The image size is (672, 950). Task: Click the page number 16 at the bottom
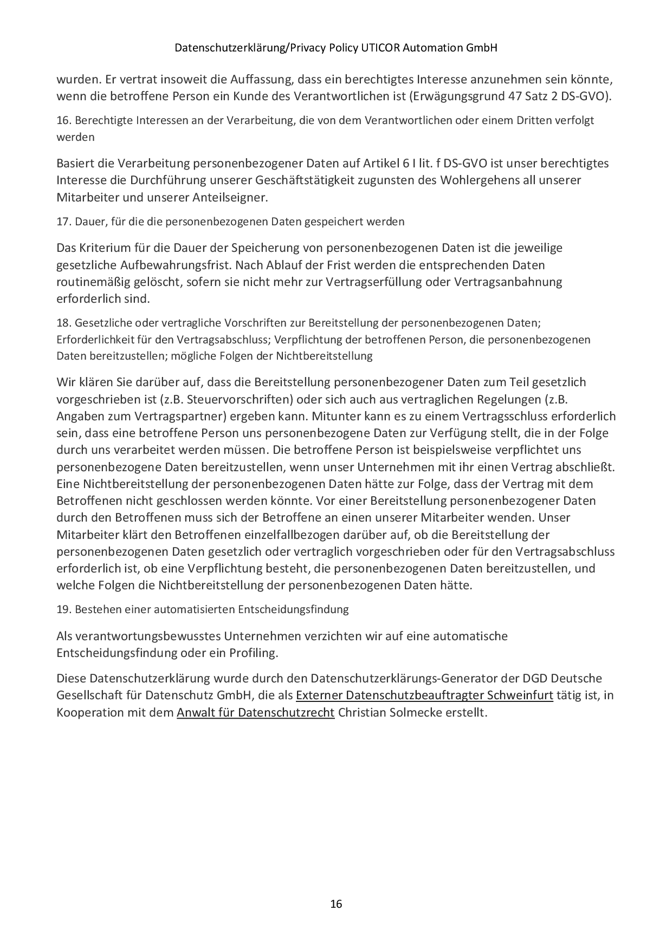coord(336,903)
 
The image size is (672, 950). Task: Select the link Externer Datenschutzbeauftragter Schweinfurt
coord(424,695)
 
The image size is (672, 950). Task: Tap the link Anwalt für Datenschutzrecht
coord(255,712)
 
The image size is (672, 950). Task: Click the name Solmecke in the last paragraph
coord(415,712)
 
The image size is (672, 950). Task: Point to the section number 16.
coord(63,120)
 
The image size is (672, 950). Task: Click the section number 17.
coord(63,222)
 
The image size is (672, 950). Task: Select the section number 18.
coord(63,323)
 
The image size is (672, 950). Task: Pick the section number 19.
coord(63,609)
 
